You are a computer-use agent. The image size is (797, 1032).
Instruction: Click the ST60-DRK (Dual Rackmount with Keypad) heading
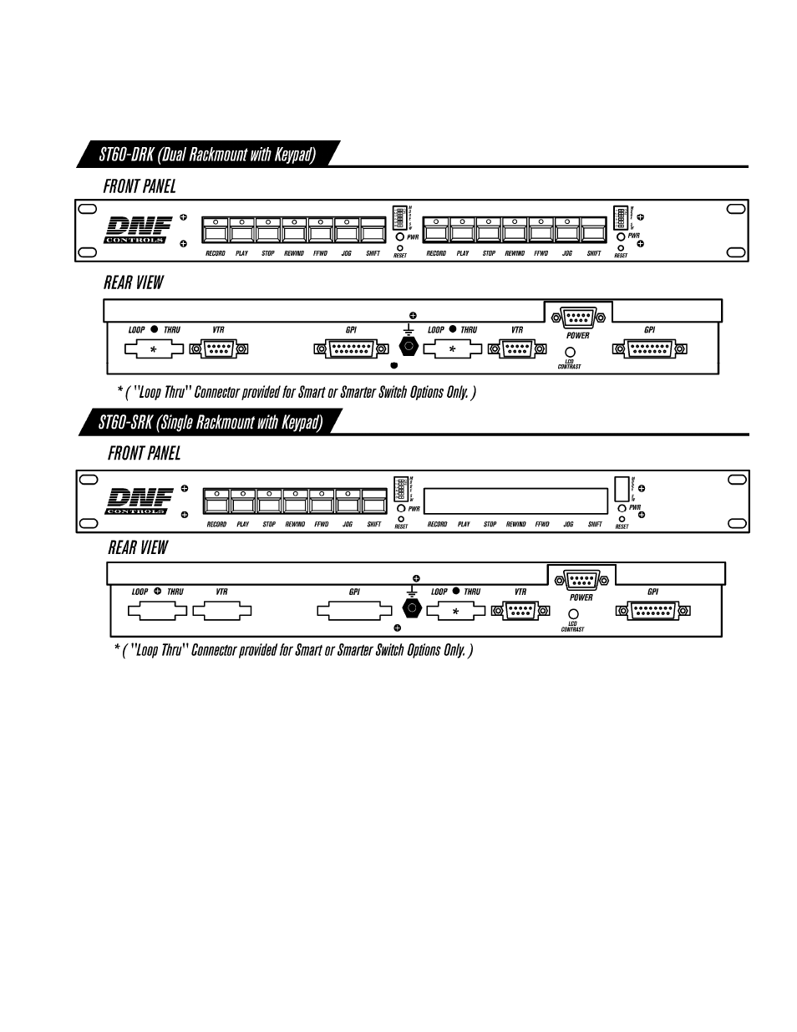[x=207, y=155]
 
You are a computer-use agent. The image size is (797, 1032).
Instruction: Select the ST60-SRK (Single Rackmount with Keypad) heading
[x=210, y=422]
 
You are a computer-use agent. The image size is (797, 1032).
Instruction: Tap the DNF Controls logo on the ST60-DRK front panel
[x=138, y=231]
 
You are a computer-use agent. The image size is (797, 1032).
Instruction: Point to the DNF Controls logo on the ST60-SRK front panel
[x=139, y=501]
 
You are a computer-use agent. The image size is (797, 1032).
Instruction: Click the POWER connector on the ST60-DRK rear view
[x=578, y=318]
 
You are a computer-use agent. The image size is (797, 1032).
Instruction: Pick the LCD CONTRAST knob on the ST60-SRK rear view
[x=573, y=614]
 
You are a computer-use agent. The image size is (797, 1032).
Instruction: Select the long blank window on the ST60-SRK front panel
[x=515, y=501]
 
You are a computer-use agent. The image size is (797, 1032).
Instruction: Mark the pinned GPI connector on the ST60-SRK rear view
[x=652, y=611]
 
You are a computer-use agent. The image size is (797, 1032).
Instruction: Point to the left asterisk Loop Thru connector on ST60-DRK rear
[x=154, y=349]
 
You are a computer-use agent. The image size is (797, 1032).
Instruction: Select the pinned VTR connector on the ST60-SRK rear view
[x=520, y=611]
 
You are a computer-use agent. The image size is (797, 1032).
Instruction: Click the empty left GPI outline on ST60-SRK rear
[x=353, y=611]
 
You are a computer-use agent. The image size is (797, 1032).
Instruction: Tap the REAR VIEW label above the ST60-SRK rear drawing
[x=138, y=548]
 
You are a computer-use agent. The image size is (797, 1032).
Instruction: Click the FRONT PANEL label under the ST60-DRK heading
[x=140, y=186]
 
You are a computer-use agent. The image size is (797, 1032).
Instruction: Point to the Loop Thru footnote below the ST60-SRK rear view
[x=293, y=650]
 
